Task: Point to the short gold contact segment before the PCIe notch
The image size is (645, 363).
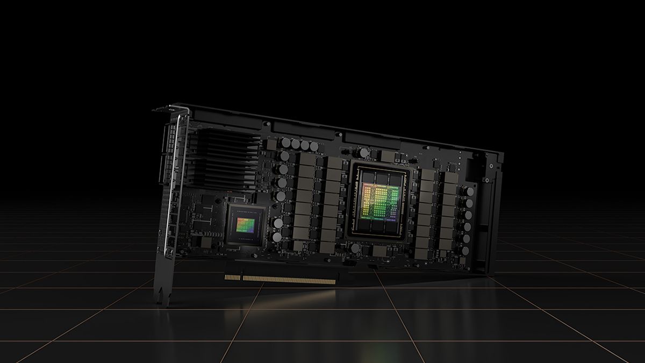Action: [x=232, y=277]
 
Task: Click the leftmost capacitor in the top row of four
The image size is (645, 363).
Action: [x=286, y=143]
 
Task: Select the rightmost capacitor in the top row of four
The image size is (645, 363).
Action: [x=314, y=146]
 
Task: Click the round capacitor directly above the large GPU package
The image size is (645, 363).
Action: [x=364, y=154]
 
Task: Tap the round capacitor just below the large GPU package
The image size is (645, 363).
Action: [x=355, y=248]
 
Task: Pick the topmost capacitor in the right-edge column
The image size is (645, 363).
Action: [x=470, y=191]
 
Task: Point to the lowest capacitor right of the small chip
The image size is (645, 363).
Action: [x=277, y=237]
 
